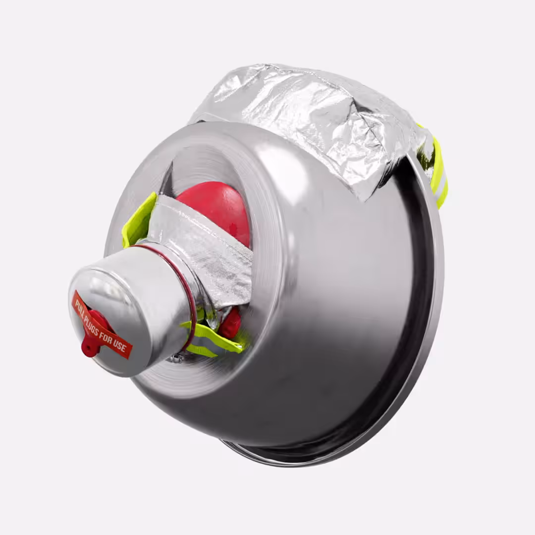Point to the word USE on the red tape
click(119, 347)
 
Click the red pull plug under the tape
click(93, 333)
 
